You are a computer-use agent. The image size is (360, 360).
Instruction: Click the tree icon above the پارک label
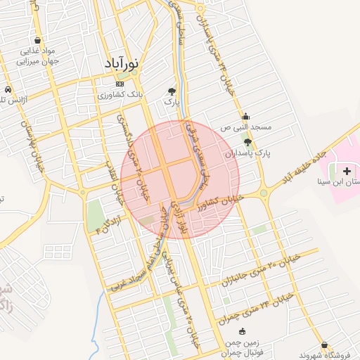point(172,91)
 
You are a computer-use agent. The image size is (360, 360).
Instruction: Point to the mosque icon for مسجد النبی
point(245,117)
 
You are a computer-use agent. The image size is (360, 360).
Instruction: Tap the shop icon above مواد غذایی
point(37,40)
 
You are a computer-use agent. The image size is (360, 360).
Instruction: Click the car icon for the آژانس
point(7,91)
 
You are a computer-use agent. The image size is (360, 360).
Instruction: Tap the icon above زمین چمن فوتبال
point(242,331)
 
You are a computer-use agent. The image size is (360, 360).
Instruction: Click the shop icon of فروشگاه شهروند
point(324,345)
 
